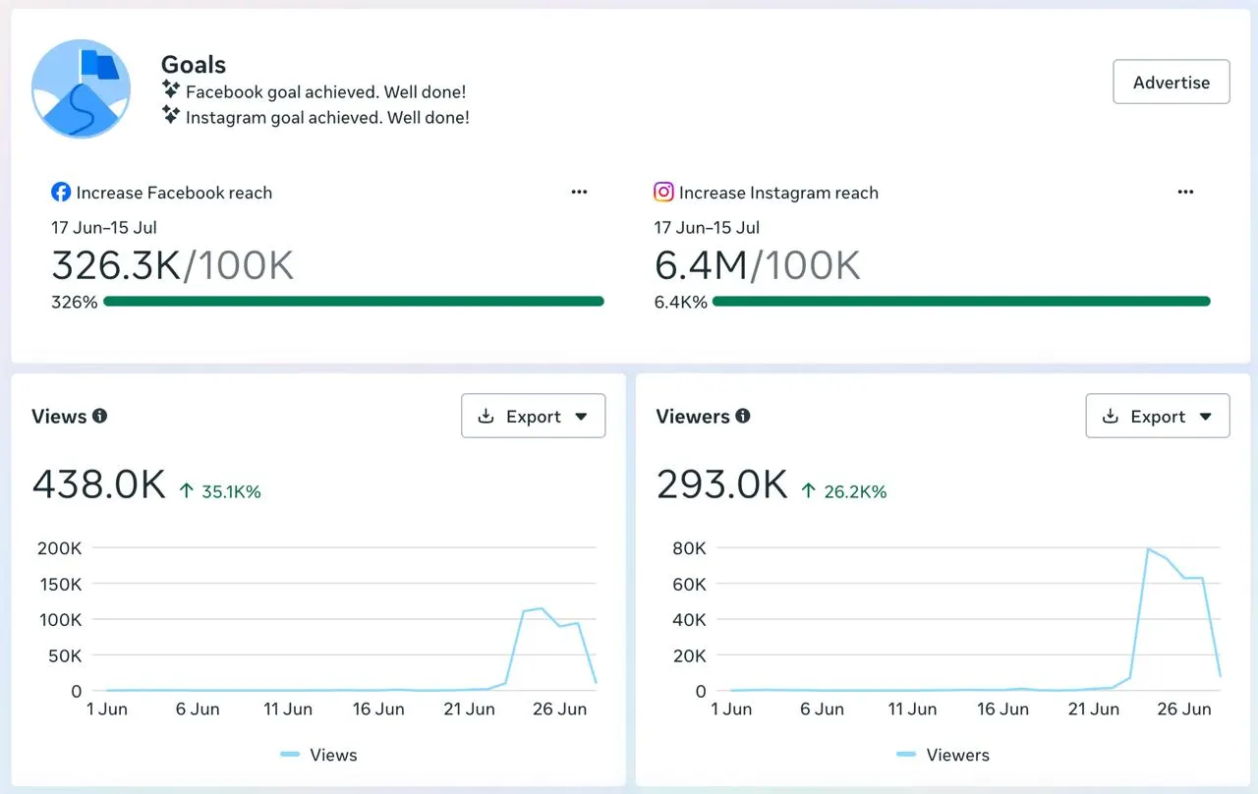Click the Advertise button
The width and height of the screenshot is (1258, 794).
point(1171,82)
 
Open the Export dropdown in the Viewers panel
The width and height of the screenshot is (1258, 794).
point(1158,416)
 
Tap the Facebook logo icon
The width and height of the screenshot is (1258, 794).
point(61,192)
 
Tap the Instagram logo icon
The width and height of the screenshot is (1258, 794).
point(663,192)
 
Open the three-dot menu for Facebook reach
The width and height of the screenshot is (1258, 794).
point(579,192)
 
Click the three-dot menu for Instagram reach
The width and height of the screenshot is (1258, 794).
point(1185,192)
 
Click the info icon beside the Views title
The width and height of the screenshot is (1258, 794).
point(100,416)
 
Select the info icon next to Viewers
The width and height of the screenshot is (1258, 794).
point(743,416)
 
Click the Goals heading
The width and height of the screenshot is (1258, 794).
point(194,65)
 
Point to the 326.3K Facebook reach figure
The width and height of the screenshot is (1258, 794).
point(116,265)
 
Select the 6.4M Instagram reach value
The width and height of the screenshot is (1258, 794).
point(701,265)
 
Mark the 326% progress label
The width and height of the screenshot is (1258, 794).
point(74,302)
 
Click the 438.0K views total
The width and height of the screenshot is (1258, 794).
point(99,484)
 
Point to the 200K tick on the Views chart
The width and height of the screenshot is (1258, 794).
point(60,548)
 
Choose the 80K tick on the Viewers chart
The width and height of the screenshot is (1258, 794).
point(689,548)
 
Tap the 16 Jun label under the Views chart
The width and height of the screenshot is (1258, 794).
point(378,709)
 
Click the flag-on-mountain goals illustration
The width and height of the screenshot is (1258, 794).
point(81,88)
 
